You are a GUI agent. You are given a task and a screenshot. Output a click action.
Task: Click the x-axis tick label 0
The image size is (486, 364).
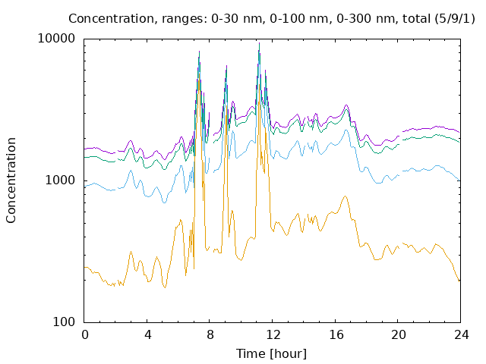(x=85, y=335)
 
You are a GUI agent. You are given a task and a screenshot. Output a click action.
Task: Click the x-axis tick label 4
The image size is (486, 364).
(x=148, y=335)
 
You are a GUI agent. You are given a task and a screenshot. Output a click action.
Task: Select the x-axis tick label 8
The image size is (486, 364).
(x=210, y=335)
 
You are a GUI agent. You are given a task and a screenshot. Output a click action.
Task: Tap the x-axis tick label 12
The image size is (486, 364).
(x=273, y=335)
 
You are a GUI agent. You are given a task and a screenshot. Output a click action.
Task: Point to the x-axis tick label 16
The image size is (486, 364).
(x=336, y=335)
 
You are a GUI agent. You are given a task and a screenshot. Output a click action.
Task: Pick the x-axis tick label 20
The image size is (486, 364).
(x=399, y=335)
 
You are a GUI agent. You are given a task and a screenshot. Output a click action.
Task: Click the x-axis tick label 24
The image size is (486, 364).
(x=462, y=335)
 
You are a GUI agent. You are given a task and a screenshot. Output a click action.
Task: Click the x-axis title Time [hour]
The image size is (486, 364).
(x=271, y=353)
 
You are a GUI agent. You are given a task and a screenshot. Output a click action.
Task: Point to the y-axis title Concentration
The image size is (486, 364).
(x=11, y=180)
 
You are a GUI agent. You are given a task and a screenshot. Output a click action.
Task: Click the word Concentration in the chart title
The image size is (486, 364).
(x=112, y=18)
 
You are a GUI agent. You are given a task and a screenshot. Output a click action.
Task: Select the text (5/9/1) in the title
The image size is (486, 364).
(x=455, y=18)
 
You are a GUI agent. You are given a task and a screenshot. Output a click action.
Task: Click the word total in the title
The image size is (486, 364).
(x=416, y=18)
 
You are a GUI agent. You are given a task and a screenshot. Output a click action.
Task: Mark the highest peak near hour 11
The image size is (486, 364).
(x=260, y=43)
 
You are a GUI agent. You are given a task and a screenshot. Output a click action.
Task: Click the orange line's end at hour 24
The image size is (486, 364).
(x=459, y=281)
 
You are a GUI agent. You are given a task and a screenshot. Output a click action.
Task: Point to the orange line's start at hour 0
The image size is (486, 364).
(x=84, y=267)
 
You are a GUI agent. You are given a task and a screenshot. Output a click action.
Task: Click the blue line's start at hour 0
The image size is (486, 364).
(x=84, y=187)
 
